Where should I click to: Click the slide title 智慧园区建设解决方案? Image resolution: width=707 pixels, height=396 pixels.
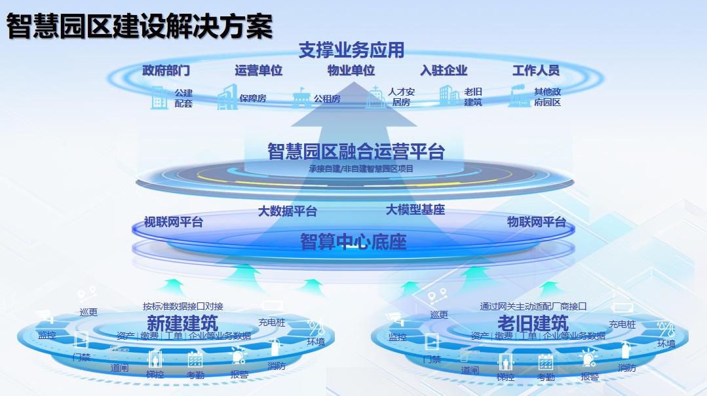point(139,27)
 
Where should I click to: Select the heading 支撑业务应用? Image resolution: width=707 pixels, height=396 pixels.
point(351,50)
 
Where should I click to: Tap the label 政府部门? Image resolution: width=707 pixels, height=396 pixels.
point(166,71)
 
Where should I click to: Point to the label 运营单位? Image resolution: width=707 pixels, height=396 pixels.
point(259,71)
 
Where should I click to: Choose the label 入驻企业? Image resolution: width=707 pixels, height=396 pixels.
point(444,71)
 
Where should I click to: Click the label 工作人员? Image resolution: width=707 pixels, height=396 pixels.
point(536,71)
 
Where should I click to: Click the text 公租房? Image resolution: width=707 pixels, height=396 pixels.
point(326,99)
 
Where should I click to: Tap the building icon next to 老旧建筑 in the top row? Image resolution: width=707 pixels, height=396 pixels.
point(449,96)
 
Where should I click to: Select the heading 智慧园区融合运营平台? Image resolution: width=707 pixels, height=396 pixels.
point(356,151)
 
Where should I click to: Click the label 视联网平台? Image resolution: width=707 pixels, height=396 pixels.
point(174,222)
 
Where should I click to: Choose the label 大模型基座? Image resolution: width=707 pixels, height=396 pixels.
point(415,210)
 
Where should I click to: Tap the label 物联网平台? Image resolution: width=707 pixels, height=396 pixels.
point(536,222)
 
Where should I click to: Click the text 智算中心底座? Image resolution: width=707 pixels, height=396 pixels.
point(353,242)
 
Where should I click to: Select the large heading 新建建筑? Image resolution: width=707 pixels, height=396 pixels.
point(182,322)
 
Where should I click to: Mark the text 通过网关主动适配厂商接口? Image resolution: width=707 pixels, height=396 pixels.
point(533,306)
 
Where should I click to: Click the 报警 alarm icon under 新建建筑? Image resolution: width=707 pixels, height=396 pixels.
point(237,356)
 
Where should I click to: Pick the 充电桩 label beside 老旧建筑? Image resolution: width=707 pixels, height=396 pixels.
point(622,324)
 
